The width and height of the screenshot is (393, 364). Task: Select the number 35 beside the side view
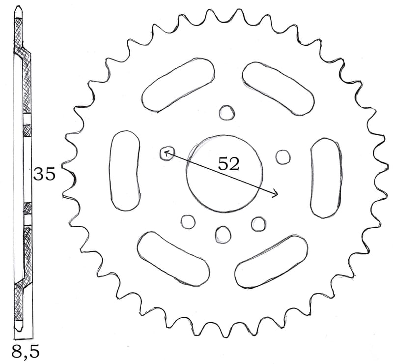[x=44, y=174]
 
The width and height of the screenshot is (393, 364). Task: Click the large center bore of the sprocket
[x=223, y=173]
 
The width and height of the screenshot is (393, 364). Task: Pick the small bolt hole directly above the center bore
[x=226, y=113]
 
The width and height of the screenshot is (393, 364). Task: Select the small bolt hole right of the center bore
[x=283, y=156]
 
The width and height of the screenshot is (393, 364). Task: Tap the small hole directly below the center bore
[x=223, y=234]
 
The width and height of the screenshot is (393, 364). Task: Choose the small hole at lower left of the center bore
[x=188, y=221]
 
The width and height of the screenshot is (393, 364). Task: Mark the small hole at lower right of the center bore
[x=258, y=224]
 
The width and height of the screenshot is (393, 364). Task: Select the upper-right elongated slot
[x=278, y=87]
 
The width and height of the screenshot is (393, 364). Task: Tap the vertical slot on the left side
[x=125, y=171]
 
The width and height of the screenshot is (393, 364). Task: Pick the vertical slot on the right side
[x=325, y=178]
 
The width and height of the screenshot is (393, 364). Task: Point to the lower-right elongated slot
[x=272, y=261]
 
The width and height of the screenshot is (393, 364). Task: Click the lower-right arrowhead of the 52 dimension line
[x=276, y=194]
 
